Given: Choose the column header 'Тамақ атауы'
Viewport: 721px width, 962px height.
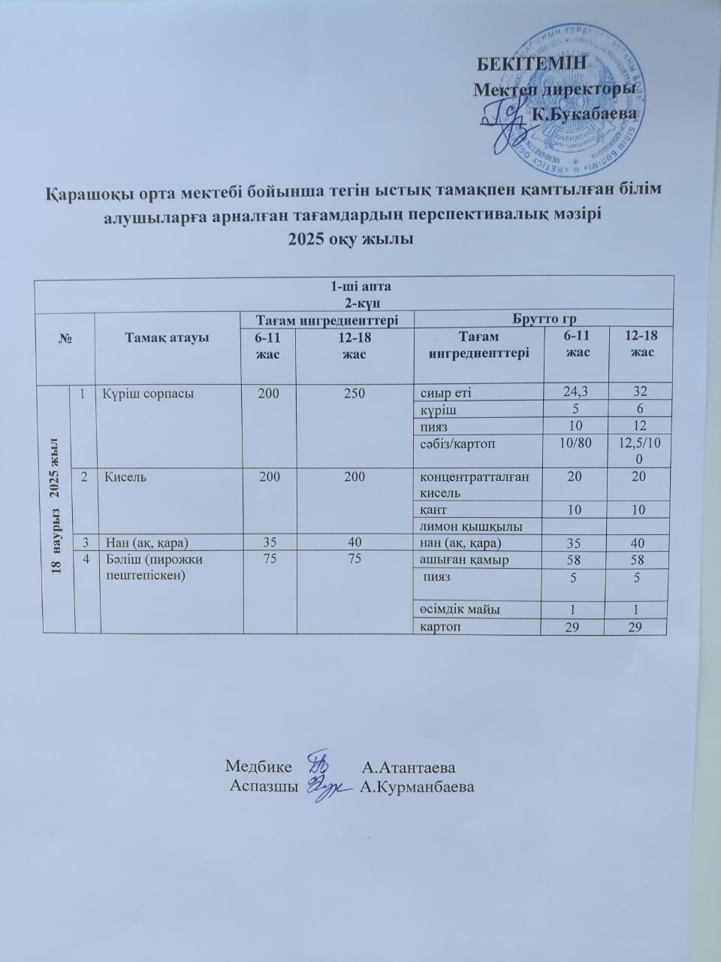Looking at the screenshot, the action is point(165,337).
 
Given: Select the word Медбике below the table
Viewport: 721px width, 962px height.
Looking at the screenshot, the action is point(259,767).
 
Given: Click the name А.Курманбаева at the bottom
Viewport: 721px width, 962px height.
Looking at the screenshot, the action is point(417,787).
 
